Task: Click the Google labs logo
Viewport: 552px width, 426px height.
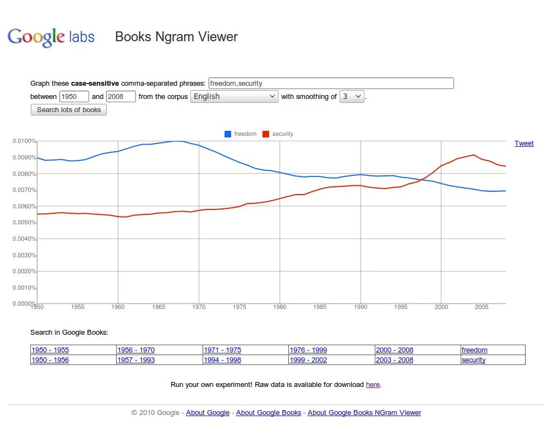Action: (51, 37)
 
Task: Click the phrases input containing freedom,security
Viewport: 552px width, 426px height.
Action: (331, 84)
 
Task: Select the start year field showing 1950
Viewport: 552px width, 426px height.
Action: (74, 97)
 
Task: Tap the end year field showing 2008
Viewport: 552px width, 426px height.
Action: (121, 97)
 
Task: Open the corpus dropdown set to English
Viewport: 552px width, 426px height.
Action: (234, 97)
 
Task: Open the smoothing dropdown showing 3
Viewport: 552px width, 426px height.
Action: (352, 97)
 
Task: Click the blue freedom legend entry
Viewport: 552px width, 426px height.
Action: (241, 134)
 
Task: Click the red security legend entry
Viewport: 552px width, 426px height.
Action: (278, 134)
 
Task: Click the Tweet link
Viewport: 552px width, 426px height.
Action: (524, 143)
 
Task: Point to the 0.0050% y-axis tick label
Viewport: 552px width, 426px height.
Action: (24, 223)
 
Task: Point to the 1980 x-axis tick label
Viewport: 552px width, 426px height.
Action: (280, 307)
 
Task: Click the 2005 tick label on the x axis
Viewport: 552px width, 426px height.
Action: (481, 307)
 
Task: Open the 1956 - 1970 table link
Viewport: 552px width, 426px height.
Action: (136, 350)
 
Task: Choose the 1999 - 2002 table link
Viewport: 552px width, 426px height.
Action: (308, 360)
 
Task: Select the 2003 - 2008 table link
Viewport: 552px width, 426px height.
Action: (394, 360)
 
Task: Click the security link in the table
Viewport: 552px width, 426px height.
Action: (473, 360)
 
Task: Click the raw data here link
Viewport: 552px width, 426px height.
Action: (373, 385)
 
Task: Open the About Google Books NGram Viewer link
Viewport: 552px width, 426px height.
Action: (364, 413)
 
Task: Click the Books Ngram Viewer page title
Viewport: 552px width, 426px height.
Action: (176, 37)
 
